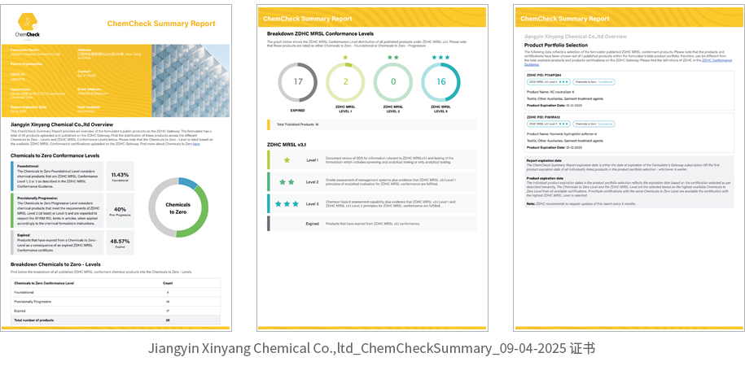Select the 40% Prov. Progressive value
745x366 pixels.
tap(120, 211)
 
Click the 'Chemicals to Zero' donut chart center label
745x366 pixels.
tap(177, 208)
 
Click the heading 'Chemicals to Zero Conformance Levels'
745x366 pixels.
tap(55, 155)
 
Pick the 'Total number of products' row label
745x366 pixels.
tap(34, 320)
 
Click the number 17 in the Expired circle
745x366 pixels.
tap(298, 82)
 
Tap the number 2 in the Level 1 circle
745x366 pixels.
tap(345, 82)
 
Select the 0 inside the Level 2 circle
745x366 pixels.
tap(393, 82)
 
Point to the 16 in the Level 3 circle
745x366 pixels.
tap(440, 82)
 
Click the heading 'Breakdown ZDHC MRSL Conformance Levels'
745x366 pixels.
tap(322, 33)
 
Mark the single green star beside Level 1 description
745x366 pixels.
tap(287, 160)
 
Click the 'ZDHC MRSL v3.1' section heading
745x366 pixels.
tap(287, 144)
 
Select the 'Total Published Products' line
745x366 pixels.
tap(297, 124)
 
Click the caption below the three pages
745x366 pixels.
tap(371, 348)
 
